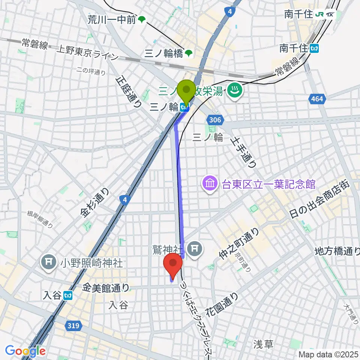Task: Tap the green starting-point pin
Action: pos(186,91)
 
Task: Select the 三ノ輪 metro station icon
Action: pos(184,108)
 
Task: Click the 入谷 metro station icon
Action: pos(68,296)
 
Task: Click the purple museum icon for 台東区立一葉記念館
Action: pos(209,184)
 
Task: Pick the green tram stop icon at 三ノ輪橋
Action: pos(190,54)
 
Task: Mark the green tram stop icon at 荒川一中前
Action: pos(142,19)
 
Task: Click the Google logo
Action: pos(25,351)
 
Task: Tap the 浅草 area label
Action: pos(263,344)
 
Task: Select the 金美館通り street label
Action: pos(106,288)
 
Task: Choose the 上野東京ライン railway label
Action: pos(87,52)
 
